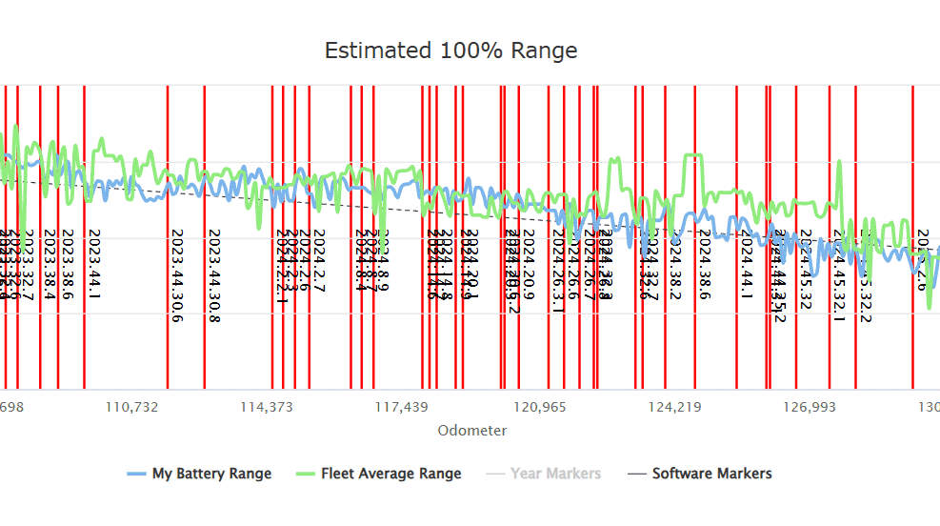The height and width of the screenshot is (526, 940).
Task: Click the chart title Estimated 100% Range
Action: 450,51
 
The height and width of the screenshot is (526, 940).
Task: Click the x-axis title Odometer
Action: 472,431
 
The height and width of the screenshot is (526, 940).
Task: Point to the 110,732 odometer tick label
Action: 131,408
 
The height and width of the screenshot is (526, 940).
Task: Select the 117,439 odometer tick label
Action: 401,408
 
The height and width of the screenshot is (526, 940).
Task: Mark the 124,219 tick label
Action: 674,408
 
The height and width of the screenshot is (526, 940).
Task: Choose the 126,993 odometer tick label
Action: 809,408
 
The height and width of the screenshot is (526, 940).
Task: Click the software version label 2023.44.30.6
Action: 176,275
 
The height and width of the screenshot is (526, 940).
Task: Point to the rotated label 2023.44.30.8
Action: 214,275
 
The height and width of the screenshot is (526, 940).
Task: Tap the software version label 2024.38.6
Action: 705,264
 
